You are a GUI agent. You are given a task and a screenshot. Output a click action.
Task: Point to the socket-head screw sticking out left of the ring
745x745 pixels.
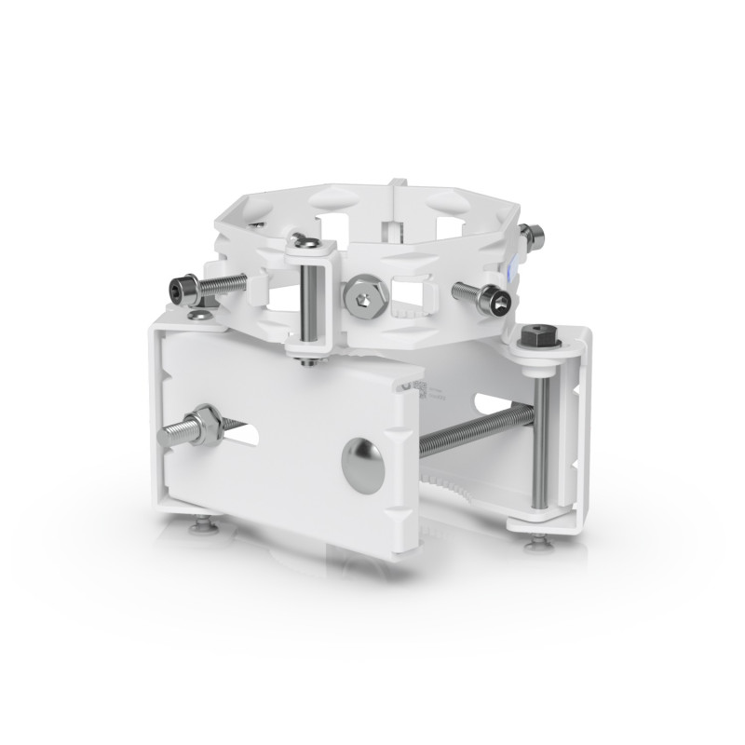[x=187, y=289]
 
